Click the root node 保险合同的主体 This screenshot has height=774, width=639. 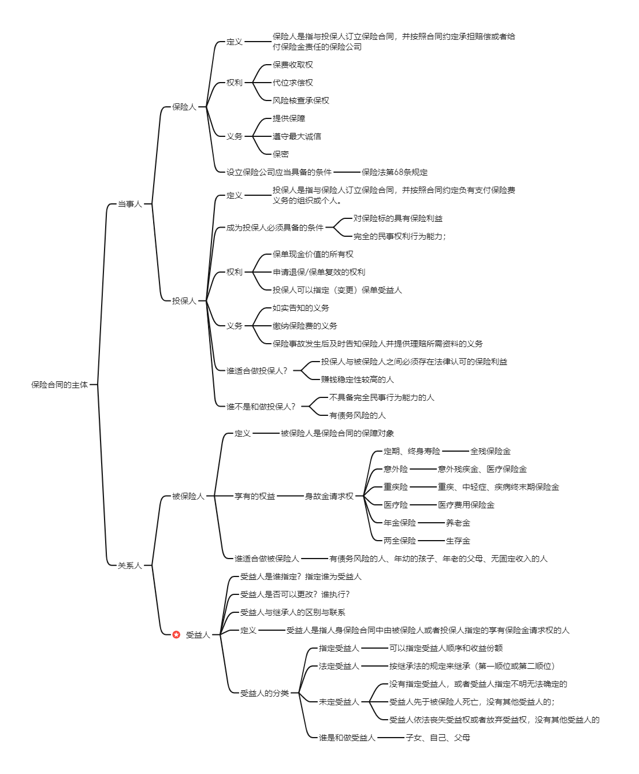point(60,385)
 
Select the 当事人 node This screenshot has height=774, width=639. point(129,204)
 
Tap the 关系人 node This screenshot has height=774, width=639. point(129,565)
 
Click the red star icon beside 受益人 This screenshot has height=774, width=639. point(176,635)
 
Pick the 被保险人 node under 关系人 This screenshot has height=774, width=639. point(188,496)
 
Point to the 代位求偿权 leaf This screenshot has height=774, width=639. point(293,83)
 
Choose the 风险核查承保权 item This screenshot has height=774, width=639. point(301,101)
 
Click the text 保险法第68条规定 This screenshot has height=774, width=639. point(395,172)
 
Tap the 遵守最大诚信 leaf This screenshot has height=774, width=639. point(297,136)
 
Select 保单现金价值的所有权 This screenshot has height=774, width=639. point(313,254)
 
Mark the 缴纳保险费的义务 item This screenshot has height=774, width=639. point(305,326)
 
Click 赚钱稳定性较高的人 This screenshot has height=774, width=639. point(358,379)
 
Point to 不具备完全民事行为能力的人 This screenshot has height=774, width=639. point(382,397)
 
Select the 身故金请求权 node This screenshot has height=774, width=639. point(329,496)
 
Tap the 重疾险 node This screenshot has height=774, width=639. point(396,487)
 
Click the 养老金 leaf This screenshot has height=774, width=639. point(458,523)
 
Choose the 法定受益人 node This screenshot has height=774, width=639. point(339,666)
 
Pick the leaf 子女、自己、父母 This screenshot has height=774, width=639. point(438,738)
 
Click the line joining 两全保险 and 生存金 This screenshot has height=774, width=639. point(431,541)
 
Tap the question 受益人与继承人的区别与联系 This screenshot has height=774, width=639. point(293,612)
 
